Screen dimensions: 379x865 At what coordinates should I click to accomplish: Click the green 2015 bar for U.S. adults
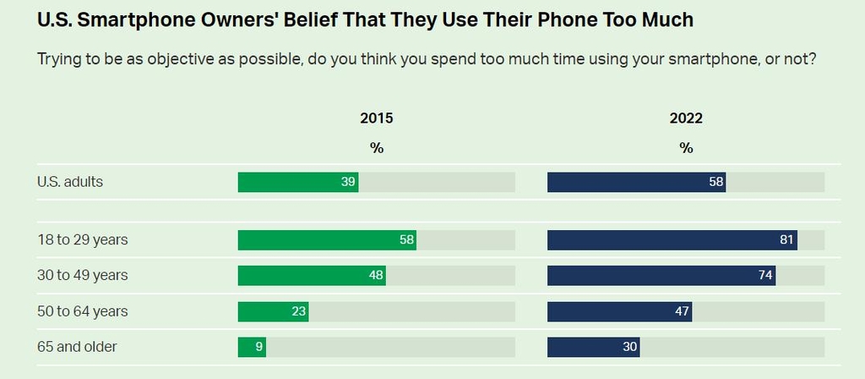297,182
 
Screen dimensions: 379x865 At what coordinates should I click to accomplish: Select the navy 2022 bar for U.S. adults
636,182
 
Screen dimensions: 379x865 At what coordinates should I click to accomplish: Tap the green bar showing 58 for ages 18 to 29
327,239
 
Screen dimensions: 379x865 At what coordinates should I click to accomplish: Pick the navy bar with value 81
672,239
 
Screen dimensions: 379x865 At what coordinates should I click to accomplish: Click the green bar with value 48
312,275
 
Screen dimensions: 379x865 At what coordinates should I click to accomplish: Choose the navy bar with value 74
661,275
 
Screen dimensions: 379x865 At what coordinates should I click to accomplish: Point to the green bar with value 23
273,311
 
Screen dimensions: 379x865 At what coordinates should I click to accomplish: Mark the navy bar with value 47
619,311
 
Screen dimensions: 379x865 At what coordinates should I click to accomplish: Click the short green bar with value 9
252,347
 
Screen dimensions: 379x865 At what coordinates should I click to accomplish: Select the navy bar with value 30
593,347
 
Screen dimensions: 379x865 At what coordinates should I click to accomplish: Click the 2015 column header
377,118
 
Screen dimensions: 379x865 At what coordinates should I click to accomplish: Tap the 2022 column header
686,118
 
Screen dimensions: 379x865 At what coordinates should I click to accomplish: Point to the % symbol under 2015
377,147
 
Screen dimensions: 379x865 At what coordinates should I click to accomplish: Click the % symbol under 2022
686,147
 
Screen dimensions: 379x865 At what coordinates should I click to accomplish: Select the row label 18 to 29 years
83,239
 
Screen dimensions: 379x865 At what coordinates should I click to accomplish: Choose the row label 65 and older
77,347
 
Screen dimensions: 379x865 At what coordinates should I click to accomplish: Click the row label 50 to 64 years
83,311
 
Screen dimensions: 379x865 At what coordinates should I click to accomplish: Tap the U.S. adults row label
70,181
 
